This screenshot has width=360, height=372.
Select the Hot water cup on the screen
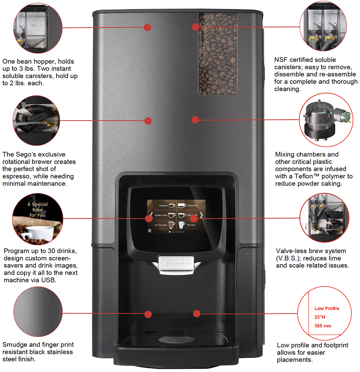[182, 224]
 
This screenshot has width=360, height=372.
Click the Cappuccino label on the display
[193, 205]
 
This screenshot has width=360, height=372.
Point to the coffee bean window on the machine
[218, 54]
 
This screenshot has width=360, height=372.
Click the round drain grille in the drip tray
[177, 339]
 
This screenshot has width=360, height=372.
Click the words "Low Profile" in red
[327, 308]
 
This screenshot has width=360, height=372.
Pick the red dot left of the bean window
[195, 27]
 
